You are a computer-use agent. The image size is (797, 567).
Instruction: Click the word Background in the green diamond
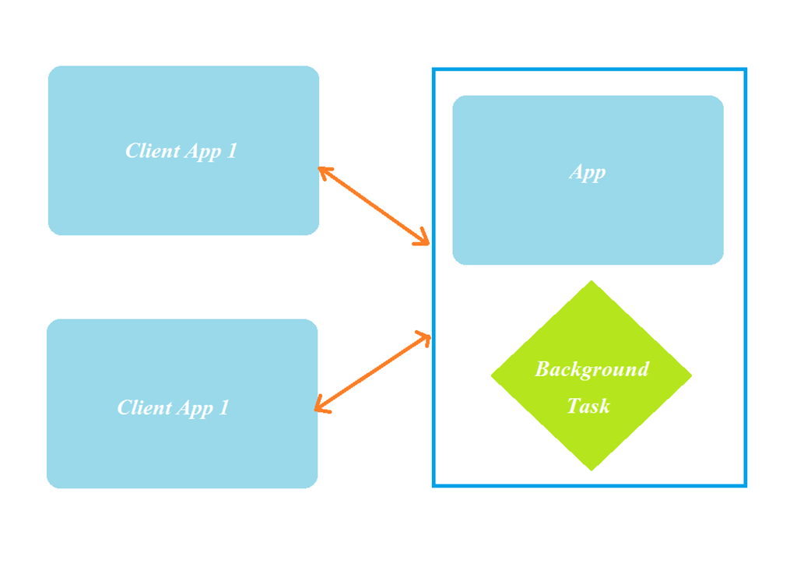click(592, 369)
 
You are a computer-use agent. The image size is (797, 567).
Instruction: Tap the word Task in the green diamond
click(588, 406)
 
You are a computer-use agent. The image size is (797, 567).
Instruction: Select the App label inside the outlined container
click(588, 172)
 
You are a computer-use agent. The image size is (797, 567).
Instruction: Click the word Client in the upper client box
click(153, 151)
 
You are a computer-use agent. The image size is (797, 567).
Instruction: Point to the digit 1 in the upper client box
click(232, 151)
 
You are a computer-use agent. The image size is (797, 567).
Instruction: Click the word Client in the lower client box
click(144, 408)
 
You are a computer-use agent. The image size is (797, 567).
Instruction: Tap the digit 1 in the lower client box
click(224, 408)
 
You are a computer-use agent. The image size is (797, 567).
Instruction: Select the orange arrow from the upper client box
click(374, 206)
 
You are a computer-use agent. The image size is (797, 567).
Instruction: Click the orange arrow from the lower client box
click(373, 373)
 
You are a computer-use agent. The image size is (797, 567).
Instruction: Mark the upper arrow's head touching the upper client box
click(323, 171)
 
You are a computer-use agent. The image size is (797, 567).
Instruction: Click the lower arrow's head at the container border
click(426, 336)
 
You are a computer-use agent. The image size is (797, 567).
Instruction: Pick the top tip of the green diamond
click(592, 282)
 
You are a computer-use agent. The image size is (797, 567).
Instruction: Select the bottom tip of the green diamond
click(592, 470)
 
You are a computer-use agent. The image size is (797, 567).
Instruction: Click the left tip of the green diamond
click(492, 375)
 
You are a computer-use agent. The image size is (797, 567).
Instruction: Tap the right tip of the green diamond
click(691, 375)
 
